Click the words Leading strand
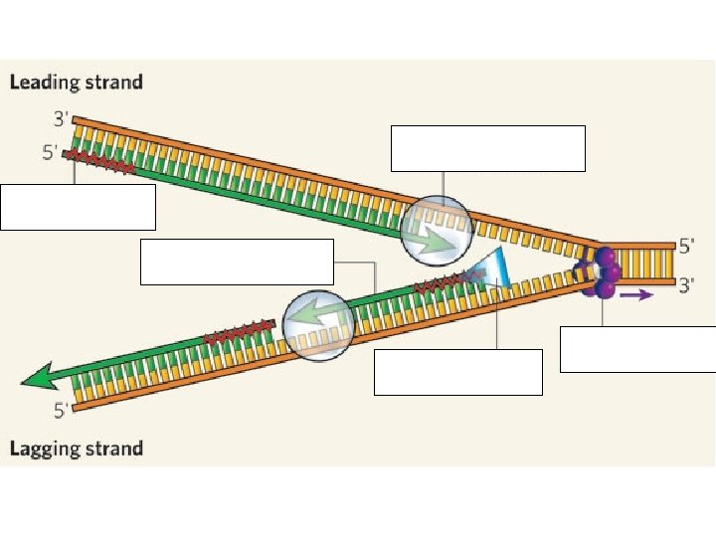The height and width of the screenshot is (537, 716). [77, 82]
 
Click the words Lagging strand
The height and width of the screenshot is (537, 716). [77, 448]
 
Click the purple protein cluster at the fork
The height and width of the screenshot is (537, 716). [602, 271]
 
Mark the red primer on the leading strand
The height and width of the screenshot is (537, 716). [100, 161]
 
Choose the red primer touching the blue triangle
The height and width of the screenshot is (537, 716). [443, 286]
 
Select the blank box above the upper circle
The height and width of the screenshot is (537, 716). [488, 148]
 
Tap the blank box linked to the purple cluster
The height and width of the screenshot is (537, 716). [637, 349]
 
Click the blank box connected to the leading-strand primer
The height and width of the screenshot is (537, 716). [79, 207]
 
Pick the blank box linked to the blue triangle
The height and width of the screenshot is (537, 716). [458, 372]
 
